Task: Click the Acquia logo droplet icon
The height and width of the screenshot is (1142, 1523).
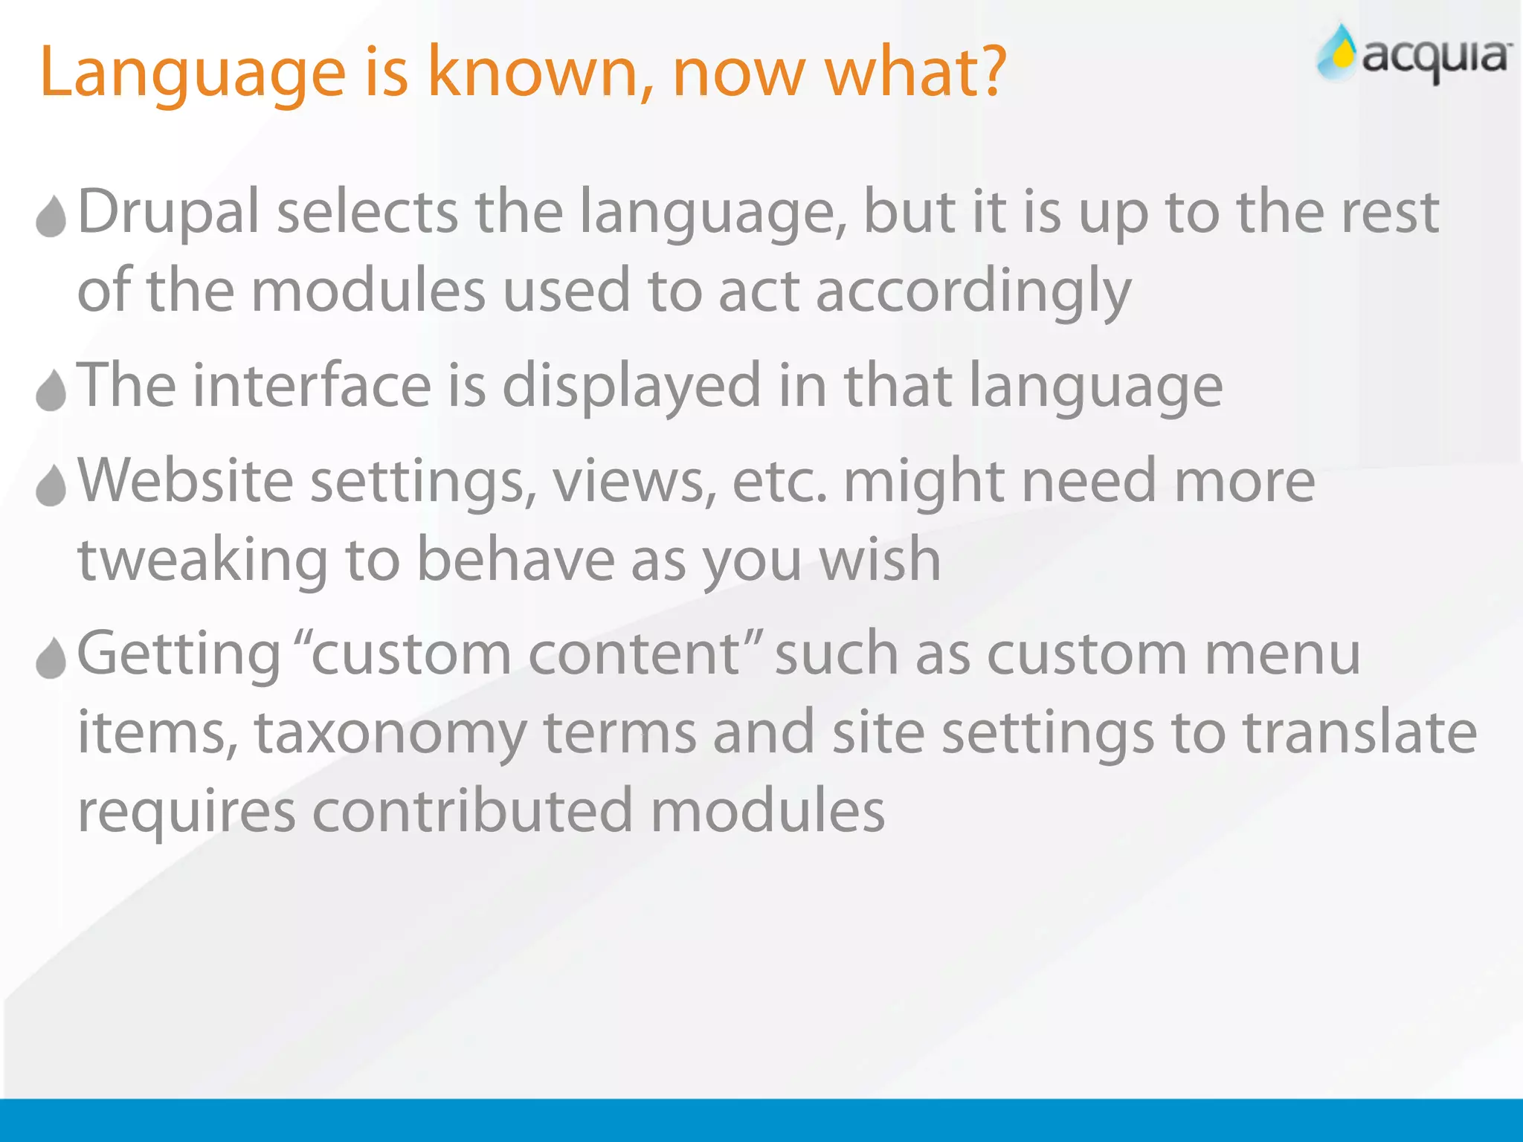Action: coord(1339,52)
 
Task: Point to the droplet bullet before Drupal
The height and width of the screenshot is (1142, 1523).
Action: coord(51,217)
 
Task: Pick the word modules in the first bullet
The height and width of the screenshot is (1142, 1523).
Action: coord(368,291)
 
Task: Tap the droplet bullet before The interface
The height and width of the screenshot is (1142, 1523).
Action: coord(51,390)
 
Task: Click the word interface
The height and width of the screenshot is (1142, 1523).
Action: coord(312,386)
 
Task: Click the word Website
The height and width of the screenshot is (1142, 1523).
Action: coord(185,481)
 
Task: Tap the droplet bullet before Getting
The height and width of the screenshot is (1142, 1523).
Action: coord(51,658)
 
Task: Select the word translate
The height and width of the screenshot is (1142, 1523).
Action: coord(1360,732)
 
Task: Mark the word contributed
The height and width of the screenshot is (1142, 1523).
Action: coord(471,811)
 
